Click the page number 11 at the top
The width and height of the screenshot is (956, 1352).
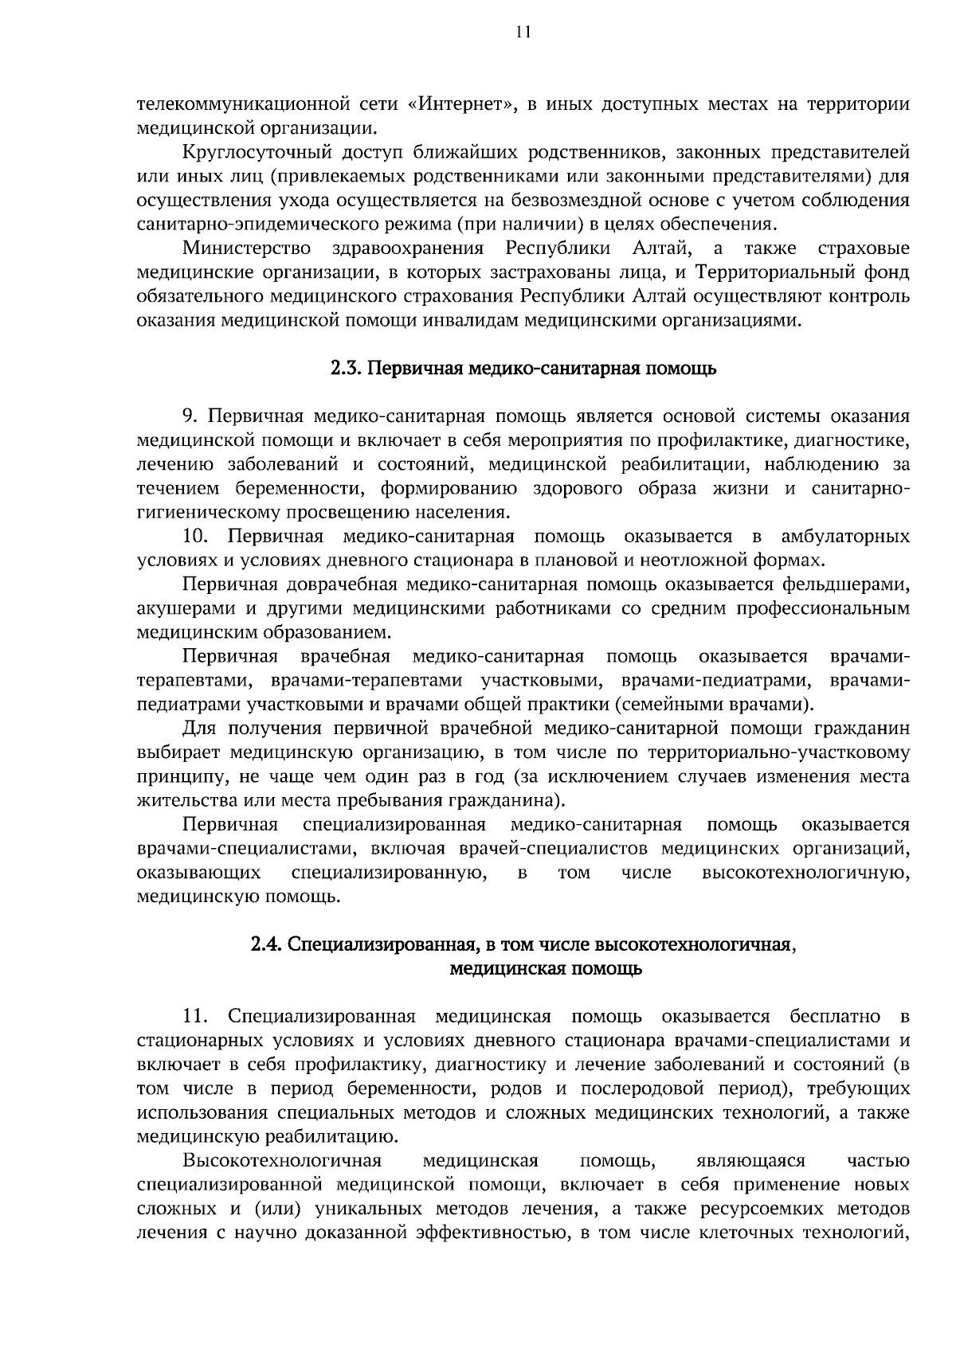(523, 32)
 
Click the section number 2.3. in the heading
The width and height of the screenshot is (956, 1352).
(348, 369)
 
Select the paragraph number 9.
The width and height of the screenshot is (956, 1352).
(190, 416)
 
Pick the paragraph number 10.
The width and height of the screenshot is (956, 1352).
(195, 536)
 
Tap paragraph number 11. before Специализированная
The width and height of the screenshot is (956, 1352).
(195, 1017)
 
